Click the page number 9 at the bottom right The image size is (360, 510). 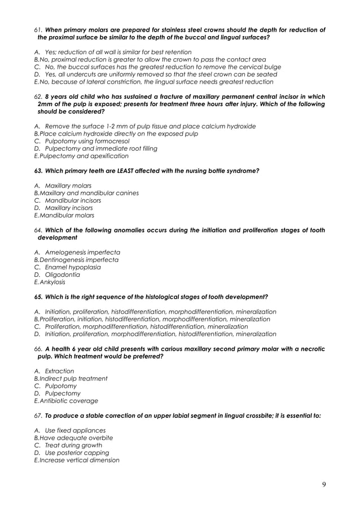pyautogui.click(x=324, y=483)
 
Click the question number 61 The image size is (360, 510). pyautogui.click(x=38, y=29)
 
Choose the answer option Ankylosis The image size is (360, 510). pyautogui.click(x=52, y=282)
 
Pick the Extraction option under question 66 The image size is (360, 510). pyautogui.click(x=59, y=371)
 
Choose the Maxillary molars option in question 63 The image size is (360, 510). pyautogui.click(x=68, y=186)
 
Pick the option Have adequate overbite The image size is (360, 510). pyautogui.click(x=76, y=438)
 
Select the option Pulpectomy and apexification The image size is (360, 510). pyautogui.click(x=84, y=155)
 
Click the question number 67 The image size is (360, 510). pyautogui.click(x=38, y=415)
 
